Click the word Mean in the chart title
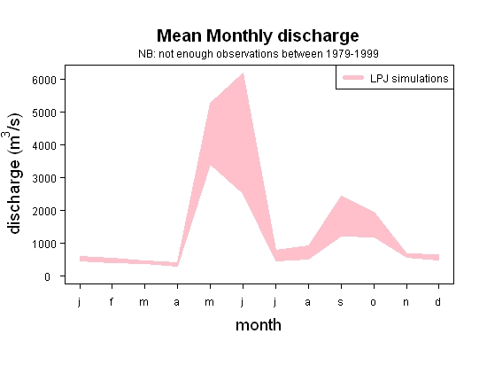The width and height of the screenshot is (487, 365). tap(179, 35)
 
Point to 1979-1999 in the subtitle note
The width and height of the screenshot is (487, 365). tap(352, 54)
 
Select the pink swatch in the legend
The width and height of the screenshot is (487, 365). tap(353, 78)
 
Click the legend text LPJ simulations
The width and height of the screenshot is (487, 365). tap(409, 79)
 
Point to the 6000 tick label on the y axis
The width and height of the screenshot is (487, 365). tap(44, 80)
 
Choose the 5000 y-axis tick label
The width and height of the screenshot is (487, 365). tap(44, 113)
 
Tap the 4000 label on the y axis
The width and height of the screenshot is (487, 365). tap(44, 145)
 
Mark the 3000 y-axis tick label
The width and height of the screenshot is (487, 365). tap(44, 178)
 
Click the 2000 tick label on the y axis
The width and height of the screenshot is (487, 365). tap(44, 211)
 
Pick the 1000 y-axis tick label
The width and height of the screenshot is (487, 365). tap(44, 244)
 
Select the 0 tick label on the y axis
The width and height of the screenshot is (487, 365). tap(47, 276)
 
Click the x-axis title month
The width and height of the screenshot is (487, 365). tap(259, 325)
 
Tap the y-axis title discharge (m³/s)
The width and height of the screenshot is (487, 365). tap(13, 174)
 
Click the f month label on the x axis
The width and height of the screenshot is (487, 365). tap(112, 301)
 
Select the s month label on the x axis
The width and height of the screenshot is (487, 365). tap(341, 302)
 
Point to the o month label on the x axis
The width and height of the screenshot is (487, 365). tap(374, 302)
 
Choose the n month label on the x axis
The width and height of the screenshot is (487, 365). tap(406, 302)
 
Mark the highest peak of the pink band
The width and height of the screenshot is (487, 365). tap(243, 74)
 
